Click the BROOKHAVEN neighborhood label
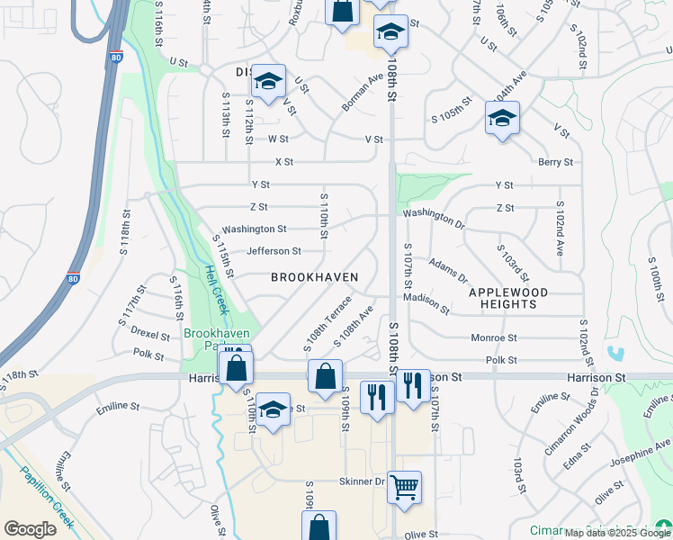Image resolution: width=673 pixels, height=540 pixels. pyautogui.click(x=315, y=277)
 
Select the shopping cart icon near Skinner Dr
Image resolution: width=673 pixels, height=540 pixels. pyautogui.click(x=405, y=487)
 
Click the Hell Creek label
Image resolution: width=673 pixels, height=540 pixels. pyautogui.click(x=217, y=288)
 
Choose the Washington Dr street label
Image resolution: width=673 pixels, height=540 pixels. pyautogui.click(x=433, y=215)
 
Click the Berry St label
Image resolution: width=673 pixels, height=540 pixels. pyautogui.click(x=555, y=162)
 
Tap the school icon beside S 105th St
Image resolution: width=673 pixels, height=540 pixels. pyautogui.click(x=502, y=118)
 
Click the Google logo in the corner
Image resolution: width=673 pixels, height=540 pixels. pyautogui.click(x=31, y=528)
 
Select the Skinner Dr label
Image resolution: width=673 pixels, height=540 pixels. pyautogui.click(x=362, y=481)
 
